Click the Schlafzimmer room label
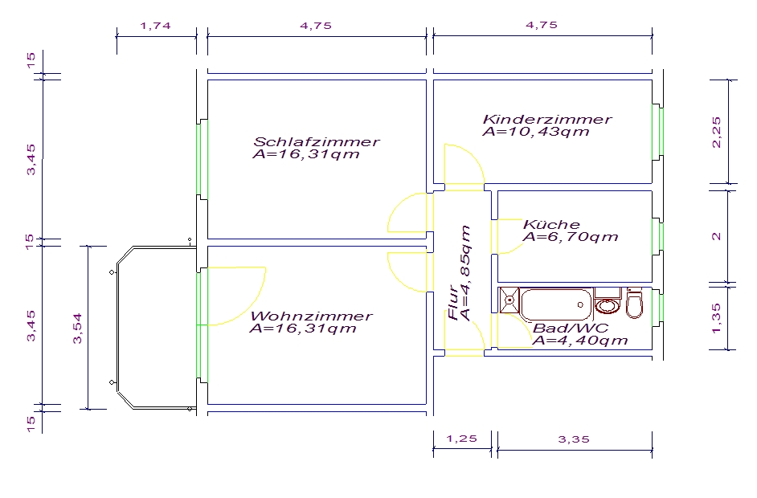coord(317,142)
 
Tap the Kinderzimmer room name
coord(547,119)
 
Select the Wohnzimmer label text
coord(311,316)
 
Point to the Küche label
coord(551,224)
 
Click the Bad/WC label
coord(571,329)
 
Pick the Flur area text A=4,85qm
coord(465,273)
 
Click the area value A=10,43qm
coord(536,132)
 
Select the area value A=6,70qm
coord(571,237)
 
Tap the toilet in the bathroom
coord(634,304)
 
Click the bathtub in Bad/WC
coord(556,304)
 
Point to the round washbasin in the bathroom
coord(608,305)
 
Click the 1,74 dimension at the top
coord(155,26)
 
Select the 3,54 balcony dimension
coord(77,329)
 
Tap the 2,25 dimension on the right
coord(717,132)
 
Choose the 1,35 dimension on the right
coord(717,317)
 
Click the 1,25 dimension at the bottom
coord(461,439)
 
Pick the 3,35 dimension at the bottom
coord(574,439)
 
